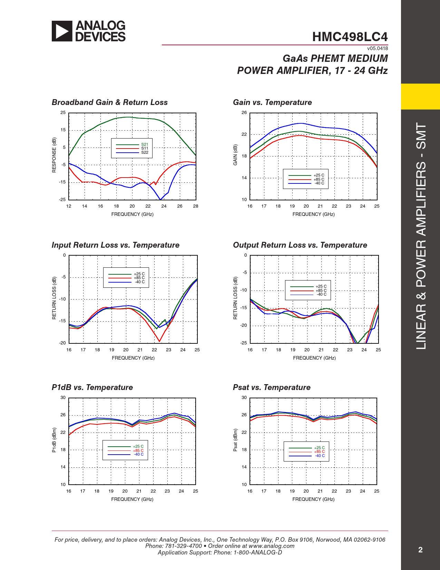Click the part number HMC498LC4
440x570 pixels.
[x=350, y=37]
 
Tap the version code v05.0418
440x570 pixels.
[x=377, y=48]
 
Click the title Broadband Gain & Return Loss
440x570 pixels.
[x=109, y=102]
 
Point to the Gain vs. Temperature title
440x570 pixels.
[x=272, y=102]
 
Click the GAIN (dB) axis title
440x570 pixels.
[x=235, y=155]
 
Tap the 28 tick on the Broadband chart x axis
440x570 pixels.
[x=196, y=206]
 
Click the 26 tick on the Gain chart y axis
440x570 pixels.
[x=244, y=113]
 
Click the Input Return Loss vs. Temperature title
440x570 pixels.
[x=115, y=245]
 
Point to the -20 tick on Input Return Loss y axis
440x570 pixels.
[x=62, y=343]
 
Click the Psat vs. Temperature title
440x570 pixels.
[x=272, y=387]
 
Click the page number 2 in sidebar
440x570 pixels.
[x=420, y=550]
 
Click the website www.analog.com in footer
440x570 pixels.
[x=271, y=546]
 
